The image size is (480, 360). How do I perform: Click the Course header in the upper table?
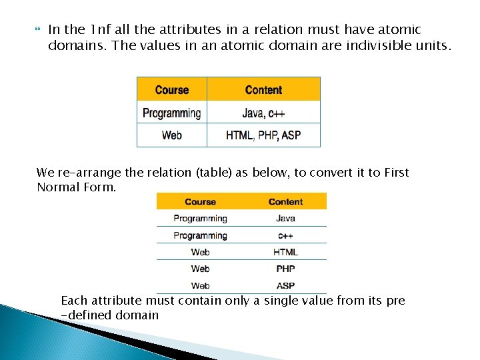pyautogui.click(x=172, y=90)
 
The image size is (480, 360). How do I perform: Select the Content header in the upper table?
pyautogui.click(x=263, y=90)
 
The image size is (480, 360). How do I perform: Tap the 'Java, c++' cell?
pyautogui.click(x=263, y=113)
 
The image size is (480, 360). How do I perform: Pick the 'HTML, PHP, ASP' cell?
pyautogui.click(x=263, y=135)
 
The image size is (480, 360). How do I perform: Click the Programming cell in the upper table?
pyautogui.click(x=172, y=113)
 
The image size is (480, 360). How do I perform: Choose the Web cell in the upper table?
pyautogui.click(x=172, y=135)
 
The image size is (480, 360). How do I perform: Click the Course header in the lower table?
pyautogui.click(x=200, y=201)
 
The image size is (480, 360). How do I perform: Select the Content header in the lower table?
pyautogui.click(x=285, y=201)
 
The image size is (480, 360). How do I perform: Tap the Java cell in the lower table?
pyautogui.click(x=285, y=218)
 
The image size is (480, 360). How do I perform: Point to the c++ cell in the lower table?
pyautogui.click(x=285, y=235)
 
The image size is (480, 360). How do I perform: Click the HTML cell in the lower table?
pyautogui.click(x=285, y=252)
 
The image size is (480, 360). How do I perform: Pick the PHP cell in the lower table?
pyautogui.click(x=285, y=269)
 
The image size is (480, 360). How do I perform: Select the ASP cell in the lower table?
pyautogui.click(x=285, y=285)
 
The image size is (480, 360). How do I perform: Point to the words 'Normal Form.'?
pyautogui.click(x=77, y=187)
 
